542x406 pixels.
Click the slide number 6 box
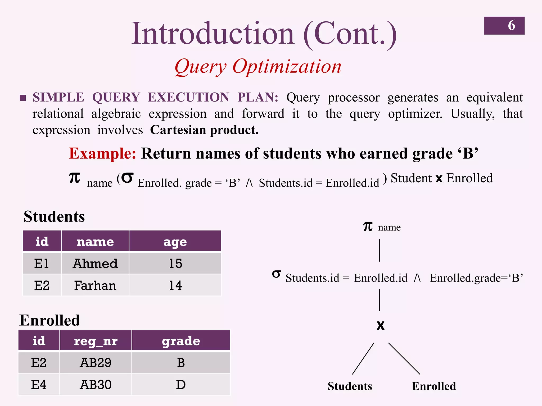[504, 26]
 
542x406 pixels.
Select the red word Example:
[102, 153]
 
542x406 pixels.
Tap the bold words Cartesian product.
[204, 130]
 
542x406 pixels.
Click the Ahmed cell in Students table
[95, 264]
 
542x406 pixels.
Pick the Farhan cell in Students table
[95, 285]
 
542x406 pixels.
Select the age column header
[175, 241]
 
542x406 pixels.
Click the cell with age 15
[175, 264]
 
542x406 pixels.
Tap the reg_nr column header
[96, 341]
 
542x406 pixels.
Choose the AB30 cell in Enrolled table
[96, 385]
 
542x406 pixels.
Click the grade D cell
[181, 385]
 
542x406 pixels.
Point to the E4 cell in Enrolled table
[39, 385]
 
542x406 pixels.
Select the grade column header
[181, 341]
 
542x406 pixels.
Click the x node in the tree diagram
[380, 325]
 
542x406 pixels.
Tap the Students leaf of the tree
[350, 386]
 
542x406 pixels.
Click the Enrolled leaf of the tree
[434, 386]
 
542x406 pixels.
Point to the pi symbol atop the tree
[368, 227]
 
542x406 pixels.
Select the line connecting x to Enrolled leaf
[404, 358]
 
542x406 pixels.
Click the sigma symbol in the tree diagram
[276, 274]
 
